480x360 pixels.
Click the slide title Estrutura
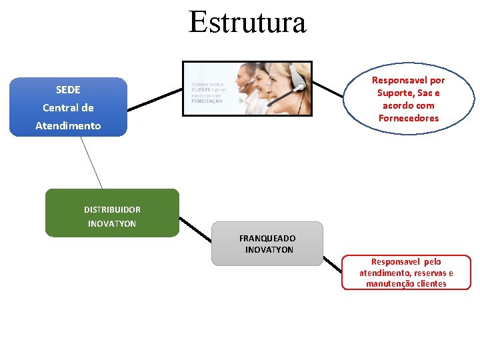coord(247,22)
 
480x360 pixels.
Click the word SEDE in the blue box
coord(68,89)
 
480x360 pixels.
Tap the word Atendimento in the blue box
coord(68,125)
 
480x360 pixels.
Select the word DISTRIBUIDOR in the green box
coord(112,209)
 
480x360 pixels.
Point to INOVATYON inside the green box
coord(112,223)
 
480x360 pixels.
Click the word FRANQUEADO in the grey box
coord(267,238)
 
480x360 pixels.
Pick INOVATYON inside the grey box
coord(269,250)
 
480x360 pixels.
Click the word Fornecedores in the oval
coord(409,118)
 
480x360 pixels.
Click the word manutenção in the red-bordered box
coord(387,284)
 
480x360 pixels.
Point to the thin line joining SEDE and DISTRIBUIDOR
coord(91,163)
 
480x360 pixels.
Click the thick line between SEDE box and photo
coord(155,99)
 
